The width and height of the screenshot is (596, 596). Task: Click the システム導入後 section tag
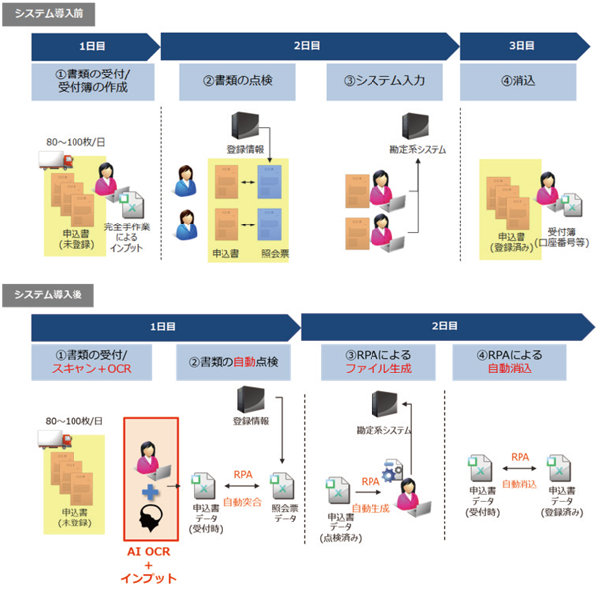41,295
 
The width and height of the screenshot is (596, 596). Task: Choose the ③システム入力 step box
383,82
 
